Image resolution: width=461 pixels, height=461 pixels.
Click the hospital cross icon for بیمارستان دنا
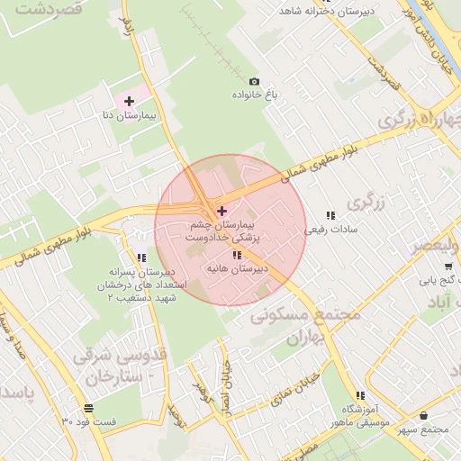click(130, 101)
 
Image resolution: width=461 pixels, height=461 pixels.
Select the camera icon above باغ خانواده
click(253, 81)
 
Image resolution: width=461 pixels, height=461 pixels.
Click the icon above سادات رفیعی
click(330, 215)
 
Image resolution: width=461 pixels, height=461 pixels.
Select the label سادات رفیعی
click(330, 230)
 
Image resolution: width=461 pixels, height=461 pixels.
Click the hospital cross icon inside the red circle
click(222, 210)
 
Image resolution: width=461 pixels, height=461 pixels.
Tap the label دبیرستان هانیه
click(237, 269)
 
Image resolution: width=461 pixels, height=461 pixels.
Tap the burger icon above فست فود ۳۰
click(88, 407)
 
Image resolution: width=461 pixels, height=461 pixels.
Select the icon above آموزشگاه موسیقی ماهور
click(360, 395)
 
